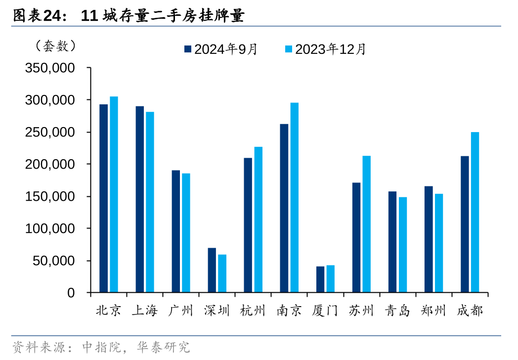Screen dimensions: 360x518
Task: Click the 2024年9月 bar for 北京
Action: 103,198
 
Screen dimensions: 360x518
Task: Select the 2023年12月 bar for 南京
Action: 294,197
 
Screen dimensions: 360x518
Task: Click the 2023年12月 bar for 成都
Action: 475,212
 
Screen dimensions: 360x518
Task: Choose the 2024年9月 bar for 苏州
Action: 356,237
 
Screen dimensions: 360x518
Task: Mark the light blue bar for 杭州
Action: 258,220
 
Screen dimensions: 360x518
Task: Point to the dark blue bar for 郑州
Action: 429,239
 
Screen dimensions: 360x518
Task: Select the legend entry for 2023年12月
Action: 325,49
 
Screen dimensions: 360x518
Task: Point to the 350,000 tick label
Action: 49,68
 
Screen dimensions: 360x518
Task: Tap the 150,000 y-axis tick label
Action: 49,196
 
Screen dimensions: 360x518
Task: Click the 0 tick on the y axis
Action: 71,293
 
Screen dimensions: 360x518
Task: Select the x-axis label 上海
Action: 144,311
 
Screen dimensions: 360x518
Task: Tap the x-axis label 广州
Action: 180,311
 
